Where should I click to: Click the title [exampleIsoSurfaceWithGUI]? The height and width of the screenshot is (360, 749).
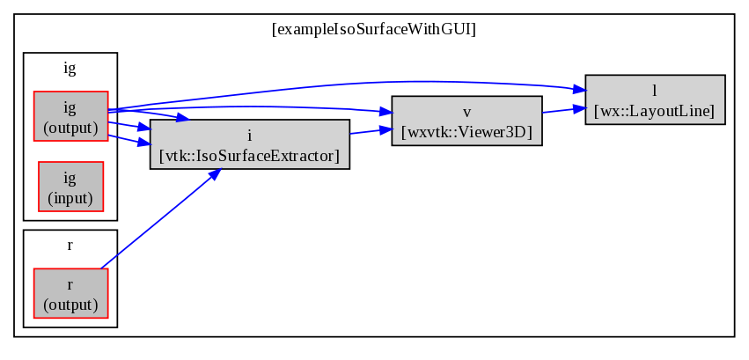pyautogui.click(x=374, y=30)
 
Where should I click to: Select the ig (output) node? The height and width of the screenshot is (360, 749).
pyautogui.click(x=70, y=116)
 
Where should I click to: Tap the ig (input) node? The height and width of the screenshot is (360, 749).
pyautogui.click(x=70, y=187)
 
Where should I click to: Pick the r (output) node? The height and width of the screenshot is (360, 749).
pyautogui.click(x=70, y=293)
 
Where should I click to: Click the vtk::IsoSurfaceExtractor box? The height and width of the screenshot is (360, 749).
pyautogui.click(x=250, y=144)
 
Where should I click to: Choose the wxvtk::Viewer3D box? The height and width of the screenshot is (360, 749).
pyautogui.click(x=466, y=121)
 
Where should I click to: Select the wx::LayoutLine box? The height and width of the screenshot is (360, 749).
pyautogui.click(x=655, y=99)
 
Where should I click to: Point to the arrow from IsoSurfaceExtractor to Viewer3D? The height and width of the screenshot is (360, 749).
pyautogui.click(x=371, y=131)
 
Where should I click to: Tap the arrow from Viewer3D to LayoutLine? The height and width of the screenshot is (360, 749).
pyautogui.click(x=564, y=110)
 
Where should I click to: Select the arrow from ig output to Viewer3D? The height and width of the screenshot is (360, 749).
pyautogui.click(x=248, y=107)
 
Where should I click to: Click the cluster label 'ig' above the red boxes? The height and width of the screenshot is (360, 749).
pyautogui.click(x=70, y=69)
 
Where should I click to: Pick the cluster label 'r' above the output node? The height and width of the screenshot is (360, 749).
pyautogui.click(x=70, y=246)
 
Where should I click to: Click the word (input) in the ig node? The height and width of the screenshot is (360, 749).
pyautogui.click(x=70, y=197)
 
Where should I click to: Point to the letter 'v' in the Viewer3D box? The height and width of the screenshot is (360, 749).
pyautogui.click(x=466, y=113)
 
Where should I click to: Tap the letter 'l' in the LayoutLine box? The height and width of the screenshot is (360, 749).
pyautogui.click(x=655, y=90)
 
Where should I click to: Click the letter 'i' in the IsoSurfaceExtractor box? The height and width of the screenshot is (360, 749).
pyautogui.click(x=250, y=136)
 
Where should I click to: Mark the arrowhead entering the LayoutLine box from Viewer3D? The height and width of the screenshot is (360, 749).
pyautogui.click(x=579, y=108)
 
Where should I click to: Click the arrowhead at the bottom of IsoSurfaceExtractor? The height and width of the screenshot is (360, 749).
pyautogui.click(x=215, y=174)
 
